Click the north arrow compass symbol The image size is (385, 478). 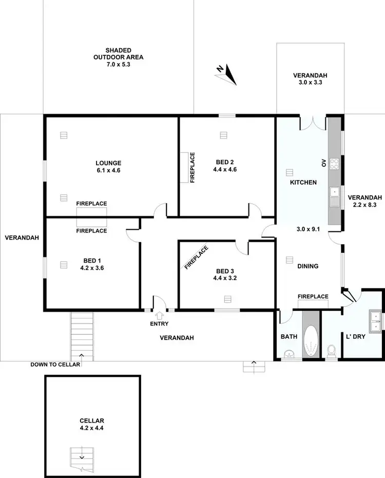point(226,75)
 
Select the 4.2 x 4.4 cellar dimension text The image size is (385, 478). point(92,427)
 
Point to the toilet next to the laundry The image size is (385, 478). point(331,351)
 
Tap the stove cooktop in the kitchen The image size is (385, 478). point(334,164)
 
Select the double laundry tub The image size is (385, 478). point(375,320)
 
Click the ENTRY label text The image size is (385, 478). point(159,324)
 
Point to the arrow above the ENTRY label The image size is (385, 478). point(159,315)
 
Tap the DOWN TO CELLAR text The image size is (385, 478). point(55,365)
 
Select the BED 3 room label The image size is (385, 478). point(225,271)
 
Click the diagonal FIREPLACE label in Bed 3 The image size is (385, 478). point(197,257)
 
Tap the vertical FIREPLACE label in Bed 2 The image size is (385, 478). point(192,168)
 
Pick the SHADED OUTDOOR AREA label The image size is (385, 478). point(118,57)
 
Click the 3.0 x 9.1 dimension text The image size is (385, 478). point(308,229)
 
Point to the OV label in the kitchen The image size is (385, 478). point(323,164)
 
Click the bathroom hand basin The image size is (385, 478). point(288,353)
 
